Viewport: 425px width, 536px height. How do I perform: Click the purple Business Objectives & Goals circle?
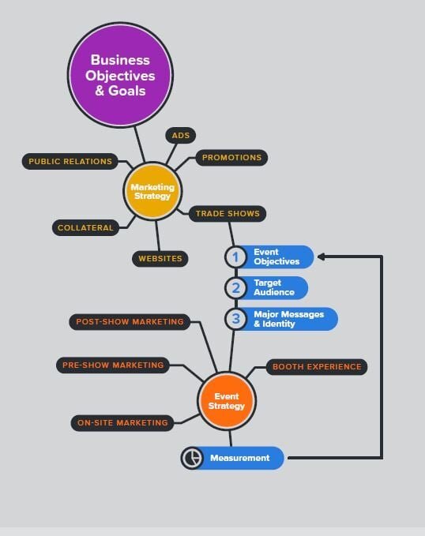click(120, 75)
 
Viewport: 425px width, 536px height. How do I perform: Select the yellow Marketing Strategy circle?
click(152, 191)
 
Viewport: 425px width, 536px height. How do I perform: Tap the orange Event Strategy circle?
click(227, 401)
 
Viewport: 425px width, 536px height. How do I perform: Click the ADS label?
click(181, 135)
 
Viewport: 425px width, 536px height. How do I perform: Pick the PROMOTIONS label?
click(231, 158)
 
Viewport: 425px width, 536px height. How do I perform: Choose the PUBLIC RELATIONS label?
click(70, 161)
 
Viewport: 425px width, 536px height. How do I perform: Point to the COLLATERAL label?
click(85, 227)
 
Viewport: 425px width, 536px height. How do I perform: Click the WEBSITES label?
click(160, 258)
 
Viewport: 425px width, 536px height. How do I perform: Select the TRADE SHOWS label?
click(228, 214)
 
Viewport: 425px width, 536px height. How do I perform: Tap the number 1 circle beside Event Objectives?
click(235, 257)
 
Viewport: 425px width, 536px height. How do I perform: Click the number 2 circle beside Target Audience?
click(235, 288)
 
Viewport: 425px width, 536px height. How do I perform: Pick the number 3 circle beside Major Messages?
click(235, 319)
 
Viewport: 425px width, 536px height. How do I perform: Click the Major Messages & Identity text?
click(289, 319)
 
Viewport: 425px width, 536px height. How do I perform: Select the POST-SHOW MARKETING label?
click(130, 321)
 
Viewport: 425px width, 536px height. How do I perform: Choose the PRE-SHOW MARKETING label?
click(113, 365)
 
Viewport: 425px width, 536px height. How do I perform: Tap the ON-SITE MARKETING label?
click(122, 423)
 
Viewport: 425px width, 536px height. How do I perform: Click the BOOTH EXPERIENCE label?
click(317, 367)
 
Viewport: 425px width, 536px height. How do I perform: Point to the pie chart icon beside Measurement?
click(192, 458)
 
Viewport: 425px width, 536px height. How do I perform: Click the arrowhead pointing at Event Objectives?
click(321, 257)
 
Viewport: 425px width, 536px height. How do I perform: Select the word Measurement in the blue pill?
click(240, 458)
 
